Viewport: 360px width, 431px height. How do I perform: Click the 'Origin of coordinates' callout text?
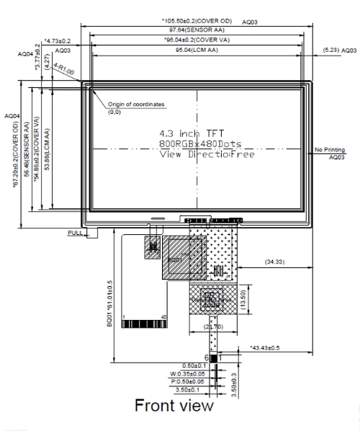click(x=138, y=105)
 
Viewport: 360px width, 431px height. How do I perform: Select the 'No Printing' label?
click(x=330, y=149)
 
